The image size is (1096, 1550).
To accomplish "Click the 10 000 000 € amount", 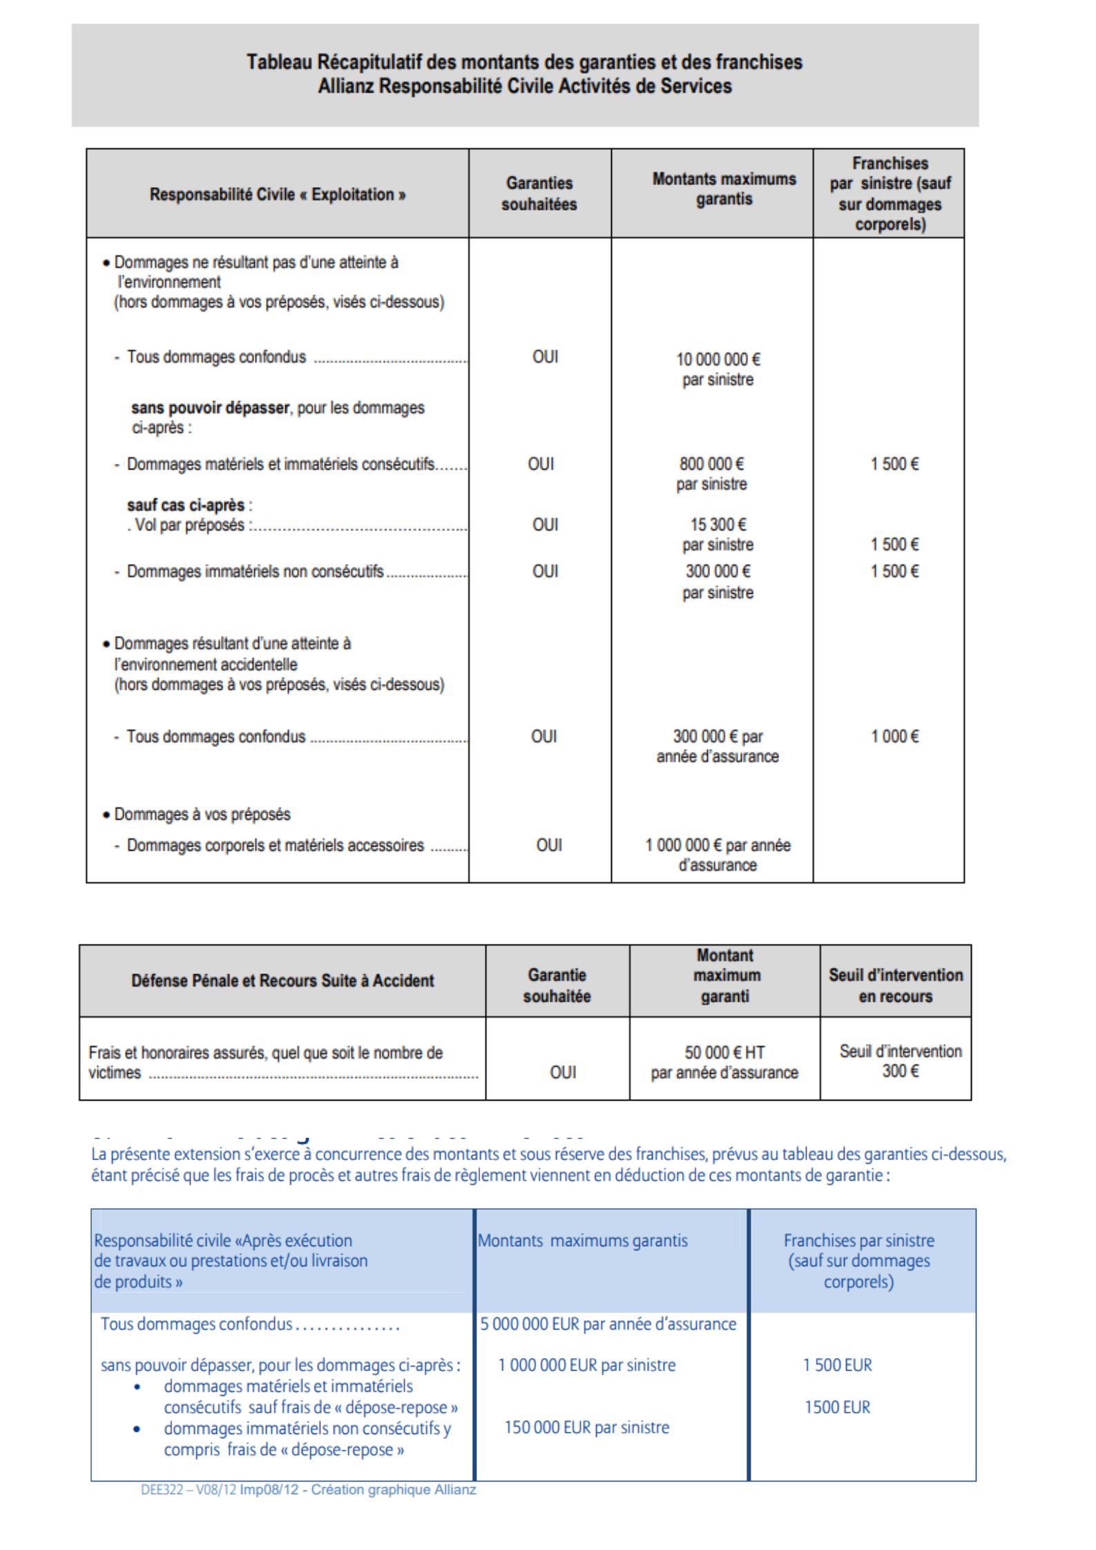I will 718,360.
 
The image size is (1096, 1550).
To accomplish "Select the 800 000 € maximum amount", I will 711,464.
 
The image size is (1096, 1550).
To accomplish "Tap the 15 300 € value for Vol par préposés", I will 718,525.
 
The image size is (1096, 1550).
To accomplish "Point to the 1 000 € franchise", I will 894,737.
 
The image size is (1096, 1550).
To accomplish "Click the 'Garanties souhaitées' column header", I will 539,193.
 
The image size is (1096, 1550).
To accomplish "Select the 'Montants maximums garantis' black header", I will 724,188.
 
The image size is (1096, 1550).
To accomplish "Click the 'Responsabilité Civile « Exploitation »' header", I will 278,195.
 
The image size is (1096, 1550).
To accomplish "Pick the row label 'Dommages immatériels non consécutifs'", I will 255,572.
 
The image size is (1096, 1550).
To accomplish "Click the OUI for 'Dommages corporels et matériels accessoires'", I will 549,845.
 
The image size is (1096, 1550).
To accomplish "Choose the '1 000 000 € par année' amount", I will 718,846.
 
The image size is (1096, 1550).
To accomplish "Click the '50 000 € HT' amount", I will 724,1052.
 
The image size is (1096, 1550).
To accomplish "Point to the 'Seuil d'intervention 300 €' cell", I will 900,1061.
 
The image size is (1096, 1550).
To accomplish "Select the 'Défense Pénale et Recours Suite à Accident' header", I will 282,980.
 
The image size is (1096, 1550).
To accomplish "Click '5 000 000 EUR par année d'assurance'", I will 608,1324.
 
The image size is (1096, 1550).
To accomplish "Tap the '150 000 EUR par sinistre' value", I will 586,1427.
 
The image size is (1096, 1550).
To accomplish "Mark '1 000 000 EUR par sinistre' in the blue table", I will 586,1365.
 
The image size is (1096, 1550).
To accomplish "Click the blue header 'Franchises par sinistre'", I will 858,1240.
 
